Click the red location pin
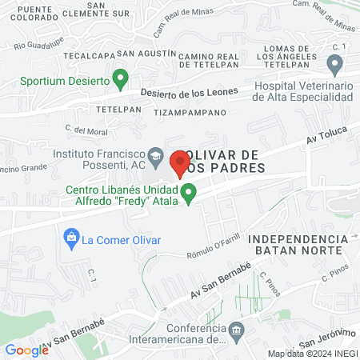[x=179, y=162]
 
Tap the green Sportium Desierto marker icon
[x=121, y=79]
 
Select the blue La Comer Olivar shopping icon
[x=72, y=238]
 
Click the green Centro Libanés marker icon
[x=189, y=193]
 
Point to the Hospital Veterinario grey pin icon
[x=335, y=63]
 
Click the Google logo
[x=26, y=350]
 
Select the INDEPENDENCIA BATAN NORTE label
[x=298, y=245]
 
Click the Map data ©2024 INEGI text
[x=312, y=354]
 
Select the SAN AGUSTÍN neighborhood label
[x=146, y=53]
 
